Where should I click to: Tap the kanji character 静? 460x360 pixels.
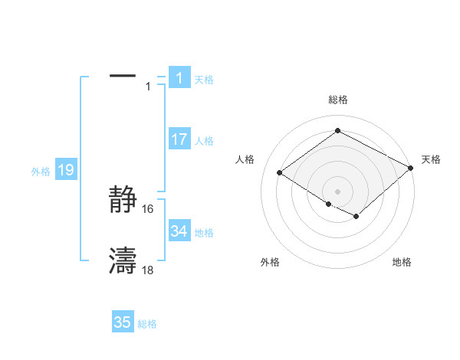pos(123,201)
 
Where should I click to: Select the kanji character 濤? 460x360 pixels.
pos(123,261)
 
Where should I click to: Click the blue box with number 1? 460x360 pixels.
pos(179,77)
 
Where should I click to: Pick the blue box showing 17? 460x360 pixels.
pos(179,139)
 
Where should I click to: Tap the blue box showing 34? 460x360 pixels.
pos(179,231)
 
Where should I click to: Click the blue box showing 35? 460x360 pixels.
pos(123,322)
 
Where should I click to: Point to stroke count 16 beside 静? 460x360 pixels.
pos(148,209)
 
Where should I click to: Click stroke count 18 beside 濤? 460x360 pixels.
pos(148,270)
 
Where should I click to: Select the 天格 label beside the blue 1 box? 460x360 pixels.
pos(204,79)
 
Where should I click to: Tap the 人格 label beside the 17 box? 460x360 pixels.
pos(204,141)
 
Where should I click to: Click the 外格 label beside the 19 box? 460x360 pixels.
pos(41,172)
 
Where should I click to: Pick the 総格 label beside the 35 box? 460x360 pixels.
pos(147,324)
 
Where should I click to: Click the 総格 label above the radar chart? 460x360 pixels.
pos(338,100)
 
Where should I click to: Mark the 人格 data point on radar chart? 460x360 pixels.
pos(280,172)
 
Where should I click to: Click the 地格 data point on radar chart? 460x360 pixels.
pos(356,217)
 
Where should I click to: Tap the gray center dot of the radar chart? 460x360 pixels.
pos(337,191)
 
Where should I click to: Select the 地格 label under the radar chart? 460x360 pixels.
pos(402,263)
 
